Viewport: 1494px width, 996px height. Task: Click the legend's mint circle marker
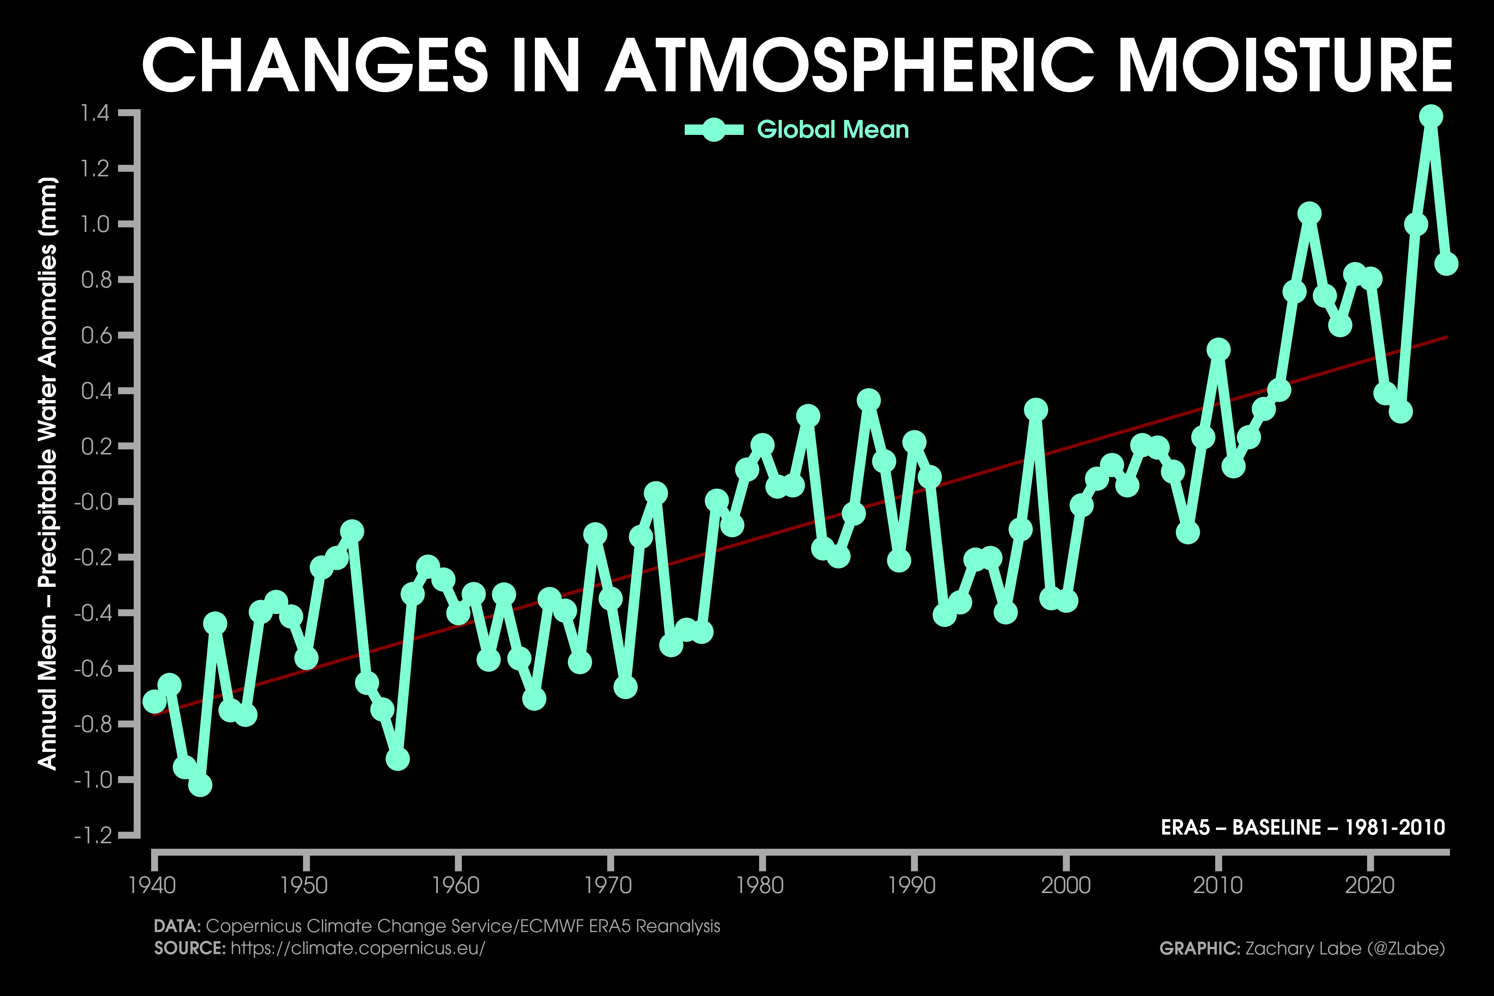713,129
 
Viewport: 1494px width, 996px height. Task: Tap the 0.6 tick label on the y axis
95,335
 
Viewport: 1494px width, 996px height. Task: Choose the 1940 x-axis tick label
152,885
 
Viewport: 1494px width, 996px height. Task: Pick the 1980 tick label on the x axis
760,885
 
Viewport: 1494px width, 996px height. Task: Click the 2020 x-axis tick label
1369,885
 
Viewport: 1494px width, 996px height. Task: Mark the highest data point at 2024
1431,116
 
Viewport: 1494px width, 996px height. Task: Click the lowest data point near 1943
200,785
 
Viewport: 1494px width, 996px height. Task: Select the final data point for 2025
1446,264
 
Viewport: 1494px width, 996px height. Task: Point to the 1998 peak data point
1035,410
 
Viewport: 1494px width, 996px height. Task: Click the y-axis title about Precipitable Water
48,473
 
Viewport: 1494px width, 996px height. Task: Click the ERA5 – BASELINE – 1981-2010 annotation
1303,827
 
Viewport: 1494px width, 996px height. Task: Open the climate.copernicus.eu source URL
358,948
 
